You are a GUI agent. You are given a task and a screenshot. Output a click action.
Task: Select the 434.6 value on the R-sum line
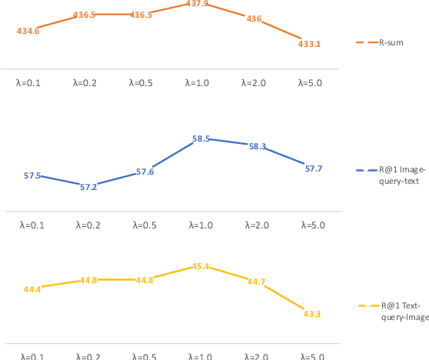point(28,31)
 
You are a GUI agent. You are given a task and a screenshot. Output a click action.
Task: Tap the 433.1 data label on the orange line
point(309,44)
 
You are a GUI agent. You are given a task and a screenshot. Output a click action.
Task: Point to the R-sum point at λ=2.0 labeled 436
point(254,18)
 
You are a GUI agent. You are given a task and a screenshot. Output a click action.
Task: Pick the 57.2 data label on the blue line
point(88,187)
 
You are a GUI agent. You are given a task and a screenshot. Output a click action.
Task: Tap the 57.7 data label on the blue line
point(313,168)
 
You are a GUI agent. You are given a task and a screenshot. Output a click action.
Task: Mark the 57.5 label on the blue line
point(32,175)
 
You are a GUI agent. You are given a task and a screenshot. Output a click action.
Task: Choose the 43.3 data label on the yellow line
point(312,314)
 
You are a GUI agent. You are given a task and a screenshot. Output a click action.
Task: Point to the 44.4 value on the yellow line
point(32,289)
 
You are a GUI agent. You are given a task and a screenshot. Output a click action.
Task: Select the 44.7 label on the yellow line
point(256,282)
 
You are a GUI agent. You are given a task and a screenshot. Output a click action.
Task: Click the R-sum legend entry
point(394,42)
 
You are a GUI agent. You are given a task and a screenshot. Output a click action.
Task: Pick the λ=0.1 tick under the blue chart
point(33,225)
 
